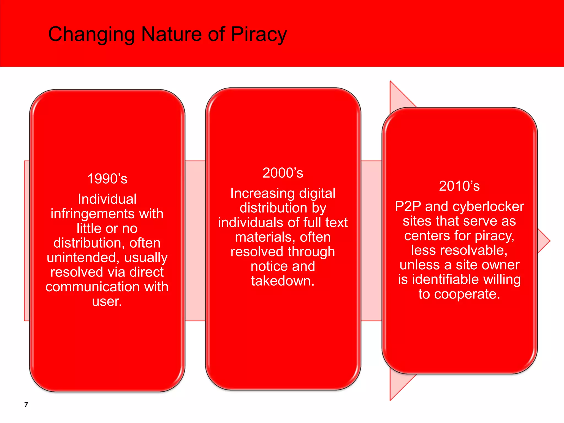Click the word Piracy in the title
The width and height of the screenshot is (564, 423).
pyautogui.click(x=259, y=34)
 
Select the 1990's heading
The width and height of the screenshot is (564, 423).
pyautogui.click(x=107, y=179)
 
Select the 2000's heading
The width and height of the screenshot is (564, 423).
pyautogui.click(x=283, y=173)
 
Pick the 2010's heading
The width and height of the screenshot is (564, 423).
pyautogui.click(x=459, y=186)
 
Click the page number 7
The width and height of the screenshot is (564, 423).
pyautogui.click(x=26, y=405)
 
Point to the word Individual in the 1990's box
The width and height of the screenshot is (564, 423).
pyautogui.click(x=107, y=199)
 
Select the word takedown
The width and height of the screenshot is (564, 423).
pyautogui.click(x=283, y=281)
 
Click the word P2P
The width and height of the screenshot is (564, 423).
pyautogui.click(x=408, y=206)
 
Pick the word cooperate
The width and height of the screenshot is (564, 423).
pyautogui.click(x=467, y=294)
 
